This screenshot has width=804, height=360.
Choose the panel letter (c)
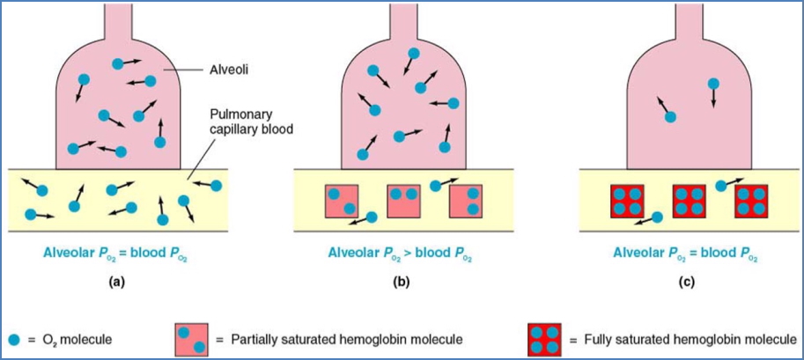[x=686, y=283]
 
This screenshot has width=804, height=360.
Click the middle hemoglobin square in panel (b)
[x=403, y=200]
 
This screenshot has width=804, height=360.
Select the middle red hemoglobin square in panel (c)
[x=689, y=201]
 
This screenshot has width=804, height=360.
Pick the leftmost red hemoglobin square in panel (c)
[x=626, y=201]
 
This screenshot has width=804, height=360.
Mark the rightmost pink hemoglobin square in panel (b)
[x=466, y=200]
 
